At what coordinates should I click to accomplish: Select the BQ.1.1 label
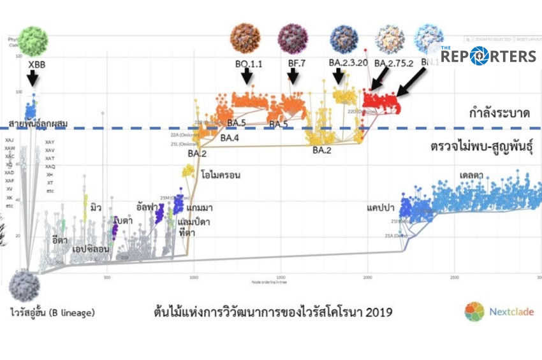249,64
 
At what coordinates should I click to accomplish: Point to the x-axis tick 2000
367,278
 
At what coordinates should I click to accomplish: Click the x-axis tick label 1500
281,278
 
